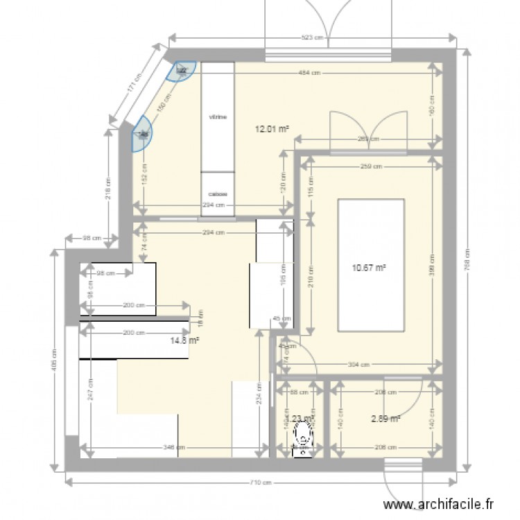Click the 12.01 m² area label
pos(272,128)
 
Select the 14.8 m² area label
pos(185,340)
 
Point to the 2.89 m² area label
pos(385,418)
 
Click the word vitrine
pos(218,117)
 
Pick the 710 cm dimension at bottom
pos(262,483)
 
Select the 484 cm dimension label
pos(309,72)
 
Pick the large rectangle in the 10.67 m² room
pos(370,266)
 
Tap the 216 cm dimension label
pos(109,185)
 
